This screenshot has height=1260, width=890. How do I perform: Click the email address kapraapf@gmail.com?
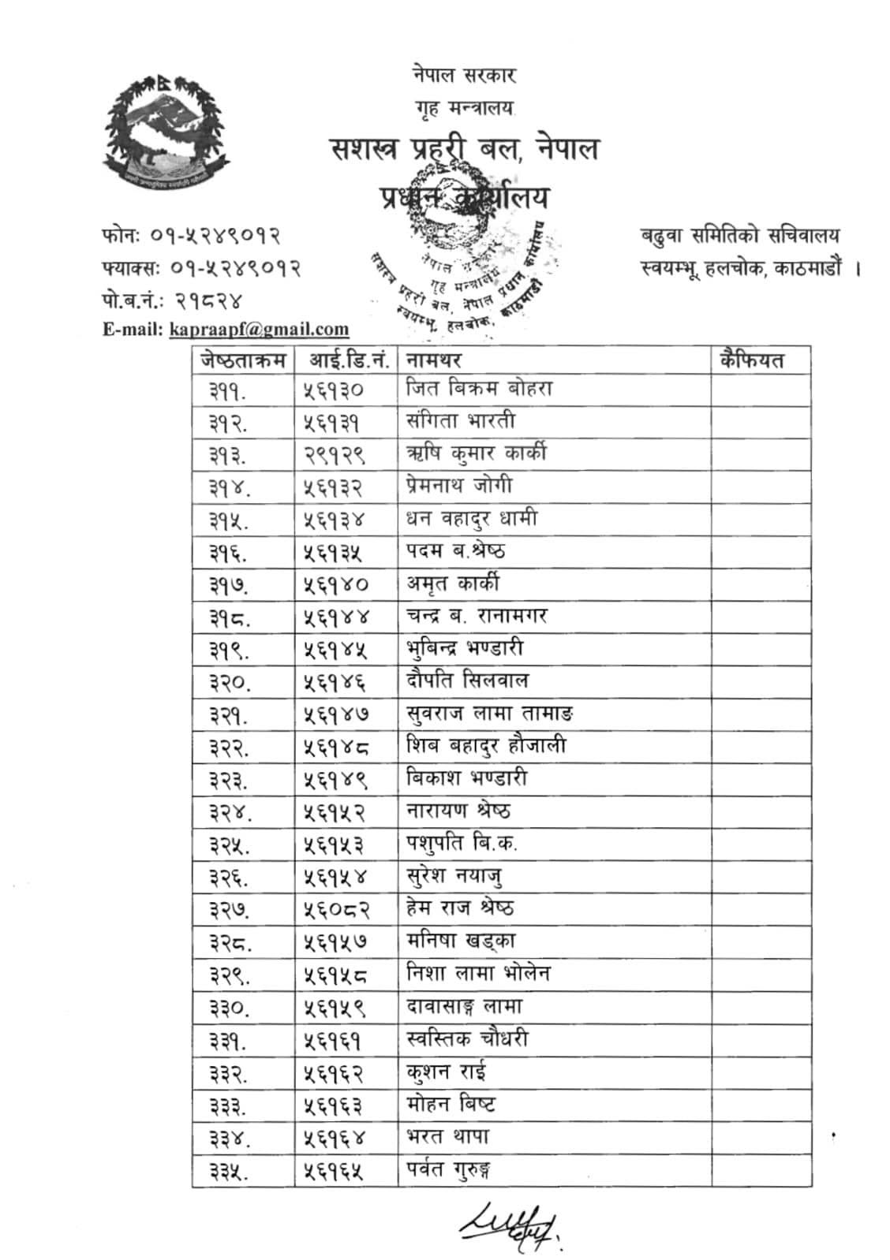(x=259, y=330)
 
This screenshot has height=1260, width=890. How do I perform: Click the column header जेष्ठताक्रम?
(x=243, y=360)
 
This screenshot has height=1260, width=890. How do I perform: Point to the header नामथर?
(x=433, y=360)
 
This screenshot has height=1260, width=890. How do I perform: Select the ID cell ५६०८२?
(x=336, y=910)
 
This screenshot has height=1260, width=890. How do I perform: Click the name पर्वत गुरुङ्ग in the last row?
(x=450, y=1170)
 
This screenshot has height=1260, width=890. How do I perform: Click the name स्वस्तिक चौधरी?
(x=467, y=1039)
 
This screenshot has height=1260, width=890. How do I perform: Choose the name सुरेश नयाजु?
(x=455, y=876)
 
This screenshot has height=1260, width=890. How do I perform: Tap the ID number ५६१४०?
(x=336, y=585)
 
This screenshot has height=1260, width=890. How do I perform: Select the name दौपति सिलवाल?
(x=467, y=680)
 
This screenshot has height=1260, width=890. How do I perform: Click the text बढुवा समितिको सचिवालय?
(x=740, y=235)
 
